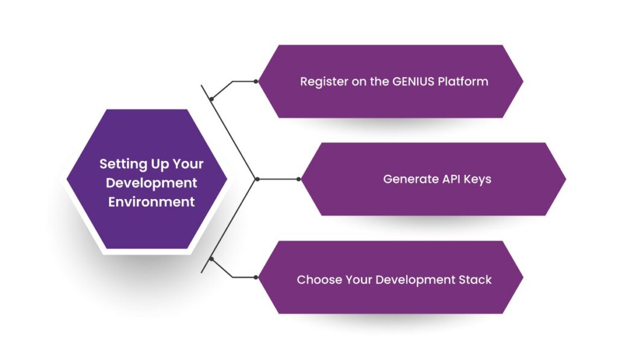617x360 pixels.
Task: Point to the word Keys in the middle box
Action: click(x=477, y=180)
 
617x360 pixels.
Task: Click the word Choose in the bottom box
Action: click(x=318, y=280)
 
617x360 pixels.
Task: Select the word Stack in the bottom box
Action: click(x=475, y=280)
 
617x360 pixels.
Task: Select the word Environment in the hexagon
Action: click(x=151, y=202)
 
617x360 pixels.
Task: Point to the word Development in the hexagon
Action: click(x=151, y=183)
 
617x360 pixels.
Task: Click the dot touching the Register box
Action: click(x=256, y=81)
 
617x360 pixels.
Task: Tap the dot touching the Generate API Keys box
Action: click(x=298, y=179)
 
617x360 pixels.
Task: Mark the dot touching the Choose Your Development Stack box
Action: click(x=256, y=277)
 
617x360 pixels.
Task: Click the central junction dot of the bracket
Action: click(x=257, y=179)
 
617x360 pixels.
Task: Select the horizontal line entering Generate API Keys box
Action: click(x=278, y=179)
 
